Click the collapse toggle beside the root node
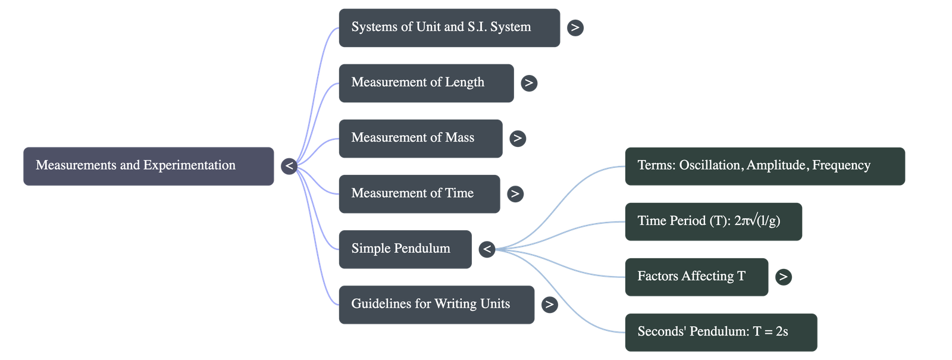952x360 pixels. click(289, 166)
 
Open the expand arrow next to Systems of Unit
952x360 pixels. click(575, 27)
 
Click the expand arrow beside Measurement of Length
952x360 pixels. click(529, 83)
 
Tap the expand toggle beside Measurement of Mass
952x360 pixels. click(518, 138)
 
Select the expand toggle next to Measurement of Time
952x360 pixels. click(515, 193)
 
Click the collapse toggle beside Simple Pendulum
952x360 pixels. click(487, 249)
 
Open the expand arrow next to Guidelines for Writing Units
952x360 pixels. click(549, 304)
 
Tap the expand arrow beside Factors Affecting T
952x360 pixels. click(783, 277)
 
